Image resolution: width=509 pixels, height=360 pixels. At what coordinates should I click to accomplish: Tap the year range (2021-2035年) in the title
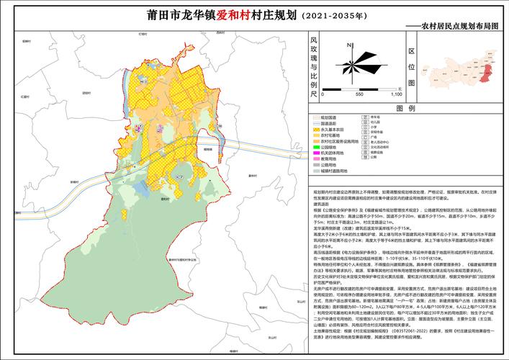335,15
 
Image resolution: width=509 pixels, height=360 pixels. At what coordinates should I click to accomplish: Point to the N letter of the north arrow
348,45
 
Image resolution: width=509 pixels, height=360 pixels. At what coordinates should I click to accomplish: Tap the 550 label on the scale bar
359,94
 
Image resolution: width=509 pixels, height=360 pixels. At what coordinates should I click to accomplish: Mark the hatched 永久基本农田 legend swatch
315,129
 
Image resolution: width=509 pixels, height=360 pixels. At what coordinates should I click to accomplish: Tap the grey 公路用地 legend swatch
315,164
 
